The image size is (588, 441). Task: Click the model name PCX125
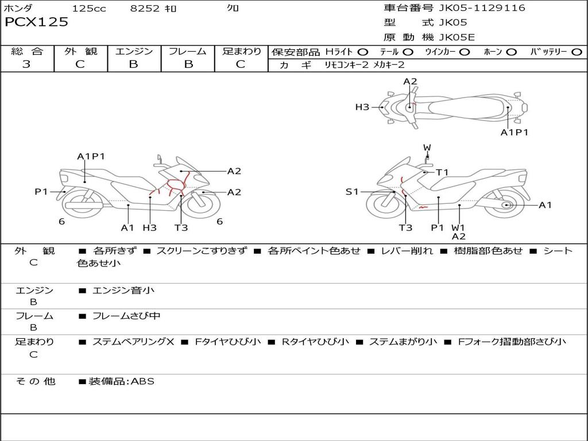tap(36, 22)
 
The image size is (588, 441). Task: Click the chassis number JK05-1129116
tap(482, 8)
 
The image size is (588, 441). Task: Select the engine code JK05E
tap(457, 37)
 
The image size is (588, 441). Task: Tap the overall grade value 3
tap(26, 64)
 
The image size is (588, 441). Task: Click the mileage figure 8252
tap(145, 8)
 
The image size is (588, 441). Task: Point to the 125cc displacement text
tap(89, 8)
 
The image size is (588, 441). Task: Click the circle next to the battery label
tap(577, 52)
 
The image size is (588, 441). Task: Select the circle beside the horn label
tap(511, 52)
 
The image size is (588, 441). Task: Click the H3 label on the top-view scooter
tap(362, 107)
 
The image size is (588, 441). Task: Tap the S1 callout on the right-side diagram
tap(352, 192)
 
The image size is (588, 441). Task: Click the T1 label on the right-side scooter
tap(442, 172)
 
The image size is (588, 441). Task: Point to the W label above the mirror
tap(427, 148)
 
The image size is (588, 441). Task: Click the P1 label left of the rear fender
tap(41, 192)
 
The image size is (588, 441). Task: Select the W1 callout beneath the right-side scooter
tap(458, 227)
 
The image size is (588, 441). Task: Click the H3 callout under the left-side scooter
tap(150, 227)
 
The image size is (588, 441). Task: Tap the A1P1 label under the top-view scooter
tap(514, 133)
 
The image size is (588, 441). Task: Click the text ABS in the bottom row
tap(142, 381)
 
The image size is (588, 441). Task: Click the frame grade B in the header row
tap(188, 64)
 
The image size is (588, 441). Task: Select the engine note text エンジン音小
tap(123, 290)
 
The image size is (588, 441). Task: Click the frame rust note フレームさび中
tap(126, 316)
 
